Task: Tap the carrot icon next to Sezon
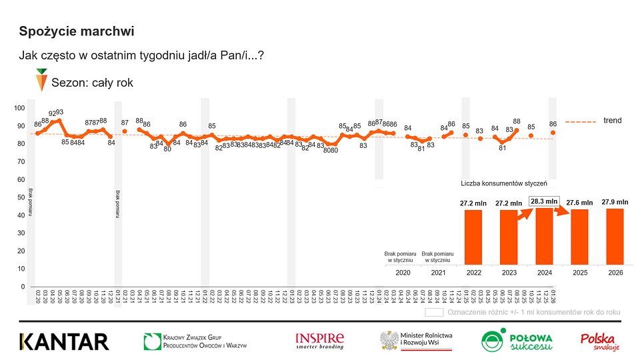click(41, 81)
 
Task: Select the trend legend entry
click(612, 121)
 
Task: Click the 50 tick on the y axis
click(21, 197)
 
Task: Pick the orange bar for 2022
click(473, 237)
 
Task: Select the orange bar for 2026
click(615, 236)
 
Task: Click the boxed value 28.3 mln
click(544, 201)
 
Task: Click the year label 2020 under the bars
click(403, 273)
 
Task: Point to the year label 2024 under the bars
click(544, 273)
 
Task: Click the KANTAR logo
click(64, 342)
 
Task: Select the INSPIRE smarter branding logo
click(320, 341)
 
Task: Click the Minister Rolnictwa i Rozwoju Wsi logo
click(417, 341)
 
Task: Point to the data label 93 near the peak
click(59, 113)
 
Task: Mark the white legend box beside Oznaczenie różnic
click(435, 311)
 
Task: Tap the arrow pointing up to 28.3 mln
click(525, 215)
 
